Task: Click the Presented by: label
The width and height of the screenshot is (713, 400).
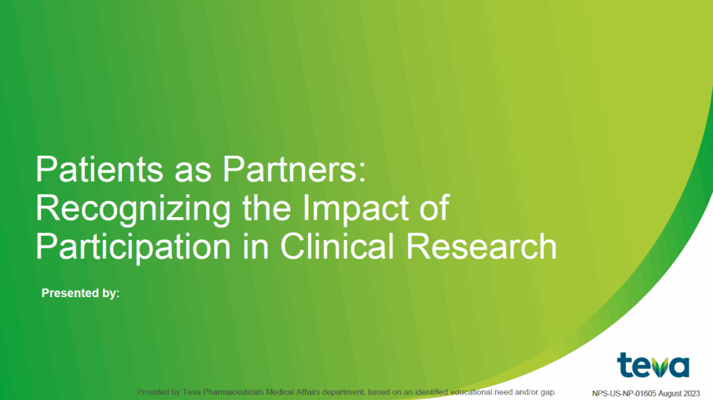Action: point(81,293)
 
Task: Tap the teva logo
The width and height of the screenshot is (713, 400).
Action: point(652,365)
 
